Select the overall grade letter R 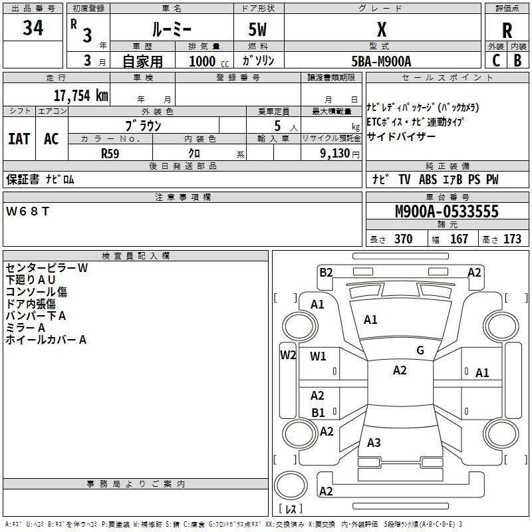[x=507, y=31]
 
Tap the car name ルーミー [x=172, y=29]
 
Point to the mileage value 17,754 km [x=80, y=95]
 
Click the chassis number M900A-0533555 [x=447, y=212]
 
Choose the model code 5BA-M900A [x=381, y=61]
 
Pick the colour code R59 [x=110, y=153]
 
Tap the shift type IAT [x=19, y=139]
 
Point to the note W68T [x=27, y=211]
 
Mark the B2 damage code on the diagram [x=326, y=272]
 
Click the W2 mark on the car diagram [x=288, y=354]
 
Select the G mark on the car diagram [x=420, y=350]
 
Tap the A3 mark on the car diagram [x=374, y=443]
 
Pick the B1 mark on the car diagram [x=319, y=413]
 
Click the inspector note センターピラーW [x=47, y=268]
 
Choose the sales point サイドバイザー [x=402, y=136]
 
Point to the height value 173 [x=513, y=239]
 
